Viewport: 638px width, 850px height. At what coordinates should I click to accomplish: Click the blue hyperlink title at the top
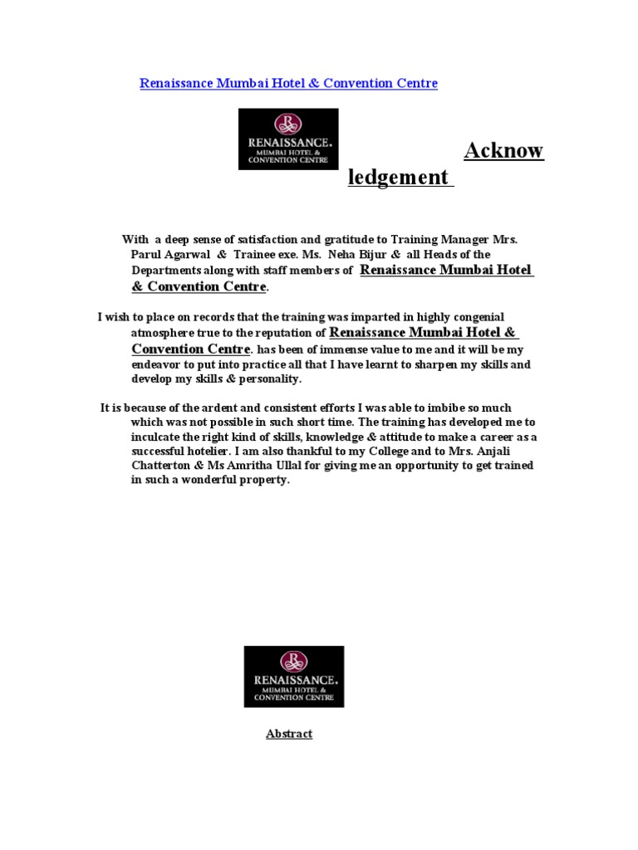pyautogui.click(x=288, y=83)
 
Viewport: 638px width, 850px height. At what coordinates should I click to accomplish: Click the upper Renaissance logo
pyautogui.click(x=288, y=139)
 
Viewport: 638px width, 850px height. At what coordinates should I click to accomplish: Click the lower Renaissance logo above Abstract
pyautogui.click(x=293, y=677)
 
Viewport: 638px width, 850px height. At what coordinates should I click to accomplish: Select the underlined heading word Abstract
pyautogui.click(x=289, y=734)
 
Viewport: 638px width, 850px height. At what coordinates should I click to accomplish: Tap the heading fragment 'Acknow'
pyautogui.click(x=503, y=151)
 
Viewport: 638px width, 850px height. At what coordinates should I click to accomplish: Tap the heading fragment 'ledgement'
pyautogui.click(x=399, y=177)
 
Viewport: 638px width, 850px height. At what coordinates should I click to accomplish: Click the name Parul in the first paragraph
pyautogui.click(x=145, y=255)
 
